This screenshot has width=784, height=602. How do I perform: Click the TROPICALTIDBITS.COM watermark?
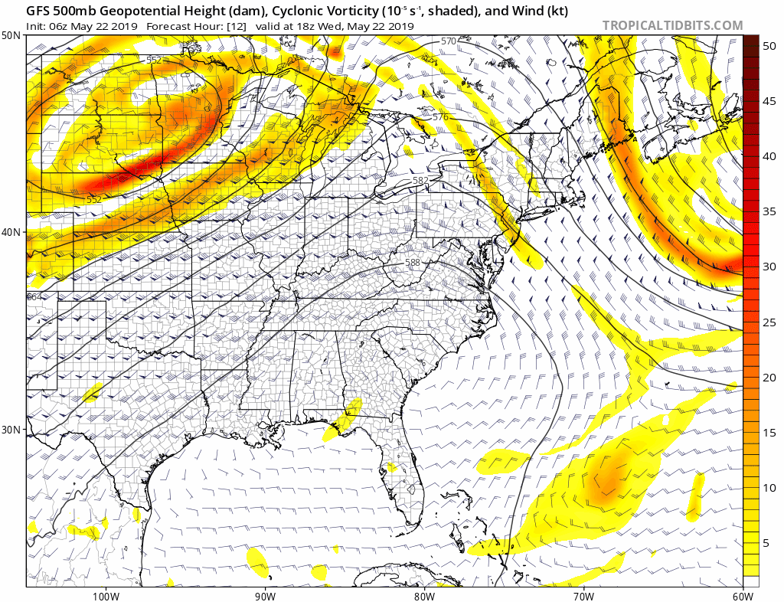pyautogui.click(x=672, y=25)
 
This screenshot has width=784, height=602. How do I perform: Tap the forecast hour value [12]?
pyautogui.click(x=236, y=26)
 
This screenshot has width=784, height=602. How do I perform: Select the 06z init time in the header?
pyautogui.click(x=58, y=26)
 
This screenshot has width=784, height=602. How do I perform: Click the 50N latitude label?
pyautogui.click(x=11, y=36)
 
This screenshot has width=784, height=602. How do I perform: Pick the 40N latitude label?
pyautogui.click(x=11, y=232)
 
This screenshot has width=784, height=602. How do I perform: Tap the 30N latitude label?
pyautogui.click(x=11, y=429)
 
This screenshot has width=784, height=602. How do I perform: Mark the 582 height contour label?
pyautogui.click(x=420, y=181)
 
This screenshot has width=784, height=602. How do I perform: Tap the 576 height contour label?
pyautogui.click(x=440, y=117)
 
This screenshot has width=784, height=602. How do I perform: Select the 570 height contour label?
pyautogui.click(x=449, y=41)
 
